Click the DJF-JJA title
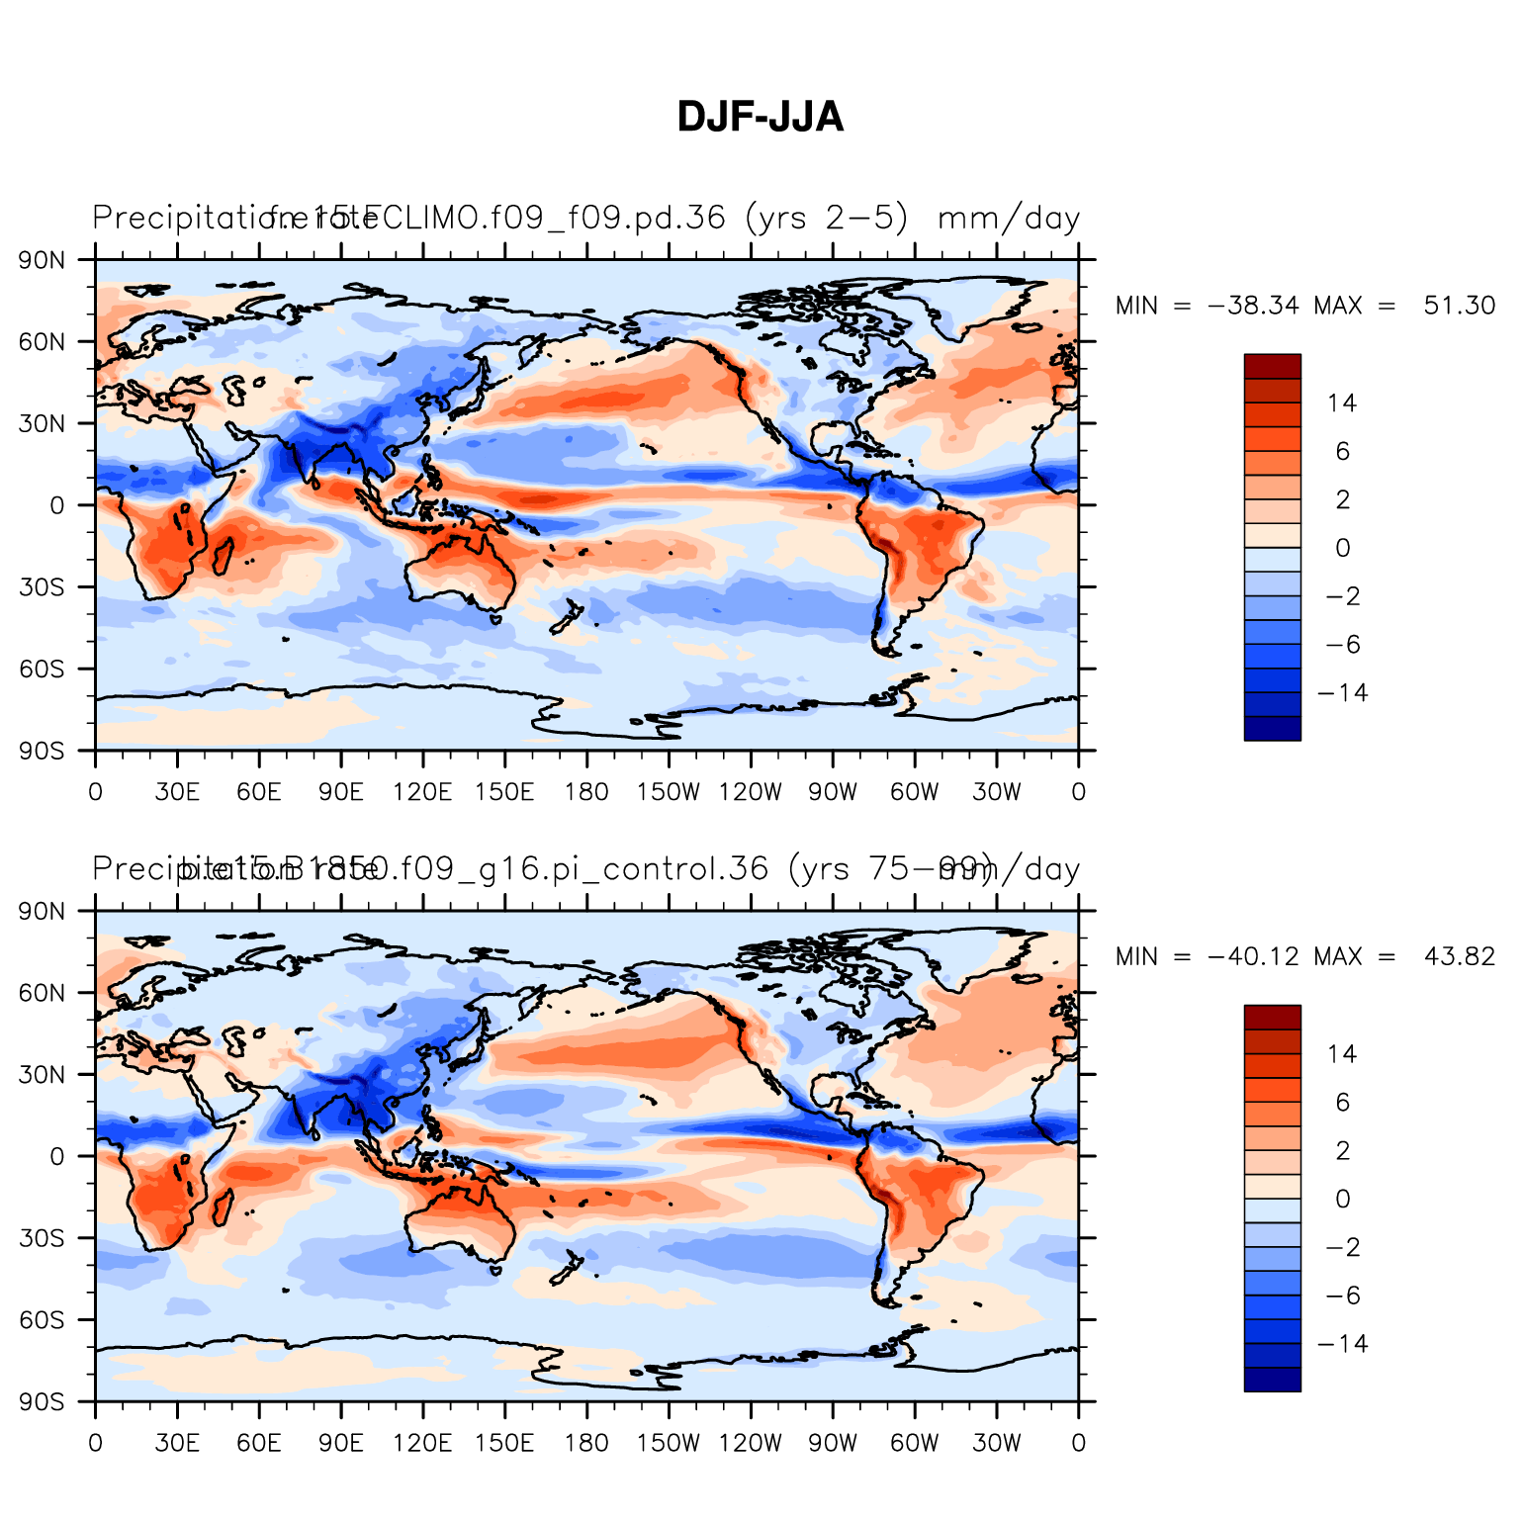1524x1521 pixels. pos(760,118)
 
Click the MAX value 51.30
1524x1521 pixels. pos(1459,306)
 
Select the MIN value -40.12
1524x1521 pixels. pos(1253,956)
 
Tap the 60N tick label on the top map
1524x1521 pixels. pos(43,342)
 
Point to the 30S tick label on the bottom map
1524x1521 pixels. pos(43,1238)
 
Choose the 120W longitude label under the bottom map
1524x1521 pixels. pos(750,1443)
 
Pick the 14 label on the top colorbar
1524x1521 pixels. pos(1342,403)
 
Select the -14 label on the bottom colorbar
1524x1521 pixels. pos(1342,1344)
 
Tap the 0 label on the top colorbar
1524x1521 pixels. pos(1342,548)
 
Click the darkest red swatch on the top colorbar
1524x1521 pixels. pos(1272,366)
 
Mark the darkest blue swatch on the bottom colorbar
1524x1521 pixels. pos(1272,1380)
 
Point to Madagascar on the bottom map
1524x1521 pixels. pos(224,1206)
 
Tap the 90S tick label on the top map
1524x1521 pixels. pos(43,751)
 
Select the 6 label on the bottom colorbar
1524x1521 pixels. pos(1342,1102)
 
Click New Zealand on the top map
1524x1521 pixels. pos(567,617)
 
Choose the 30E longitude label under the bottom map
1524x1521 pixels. pos(177,1443)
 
